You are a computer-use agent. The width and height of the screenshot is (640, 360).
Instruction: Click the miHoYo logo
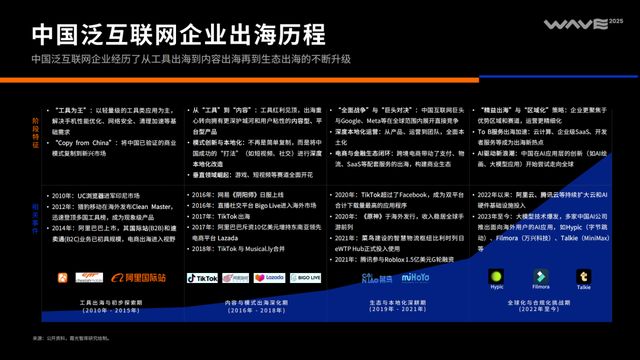[x=423, y=278]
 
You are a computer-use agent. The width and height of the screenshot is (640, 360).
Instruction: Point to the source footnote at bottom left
[x=74, y=338]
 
